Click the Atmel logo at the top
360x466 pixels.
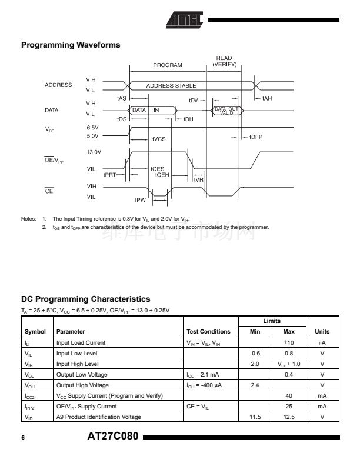tap(184, 20)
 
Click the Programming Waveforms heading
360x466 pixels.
tap(71, 45)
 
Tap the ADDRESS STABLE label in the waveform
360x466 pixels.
tap(171, 86)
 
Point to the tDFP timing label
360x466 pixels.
tap(255, 137)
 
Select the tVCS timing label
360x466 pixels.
tap(159, 139)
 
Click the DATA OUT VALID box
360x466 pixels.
tap(226, 110)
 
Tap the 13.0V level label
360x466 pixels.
tap(94, 152)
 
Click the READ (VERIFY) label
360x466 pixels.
tap(224, 61)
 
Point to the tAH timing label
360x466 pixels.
tap(267, 98)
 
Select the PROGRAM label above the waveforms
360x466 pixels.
tap(168, 65)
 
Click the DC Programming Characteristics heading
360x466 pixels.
tap(85, 299)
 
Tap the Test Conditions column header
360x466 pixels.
tap(208, 332)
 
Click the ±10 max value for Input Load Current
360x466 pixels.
tap(281, 342)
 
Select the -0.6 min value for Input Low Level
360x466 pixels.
tap(255, 353)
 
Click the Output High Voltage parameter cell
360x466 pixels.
tap(82, 385)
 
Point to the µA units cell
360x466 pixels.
tap(322, 342)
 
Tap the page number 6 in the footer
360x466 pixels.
tap(23, 438)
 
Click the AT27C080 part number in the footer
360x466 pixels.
tap(112, 437)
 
